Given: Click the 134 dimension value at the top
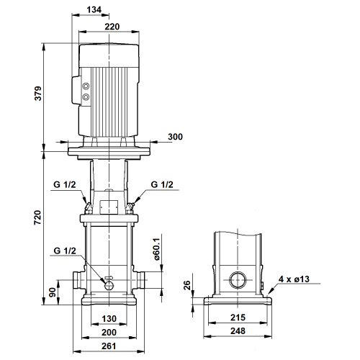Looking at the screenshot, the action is pos(94,9).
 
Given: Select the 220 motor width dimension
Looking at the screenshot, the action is pos(112,27).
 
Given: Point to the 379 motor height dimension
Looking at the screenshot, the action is pos(38,94).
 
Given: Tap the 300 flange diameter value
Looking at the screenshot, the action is pos(175,137).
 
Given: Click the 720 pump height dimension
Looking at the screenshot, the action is pos(37,217).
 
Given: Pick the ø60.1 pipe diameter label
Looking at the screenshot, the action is pos(156,249).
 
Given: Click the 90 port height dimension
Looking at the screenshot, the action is pos(53,292).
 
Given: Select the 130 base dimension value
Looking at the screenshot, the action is pos(109,319).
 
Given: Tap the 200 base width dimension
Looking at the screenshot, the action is pos(109,333).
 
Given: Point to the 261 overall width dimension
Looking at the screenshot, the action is pos(109,346).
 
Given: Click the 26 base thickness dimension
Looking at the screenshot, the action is pos(186,285).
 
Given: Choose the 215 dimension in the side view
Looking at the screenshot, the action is pos(238,318).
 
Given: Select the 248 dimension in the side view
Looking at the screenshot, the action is pos(238,331).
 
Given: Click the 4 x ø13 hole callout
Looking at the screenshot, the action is pos(294,279).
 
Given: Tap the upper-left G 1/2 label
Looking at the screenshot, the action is pos(65,184).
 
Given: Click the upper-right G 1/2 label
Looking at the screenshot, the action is pos(162,184).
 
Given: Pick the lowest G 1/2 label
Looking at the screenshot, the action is pos(65,251).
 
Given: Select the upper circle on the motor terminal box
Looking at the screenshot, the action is pos(86,86).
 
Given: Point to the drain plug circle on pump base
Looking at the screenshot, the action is pos(109,285).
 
